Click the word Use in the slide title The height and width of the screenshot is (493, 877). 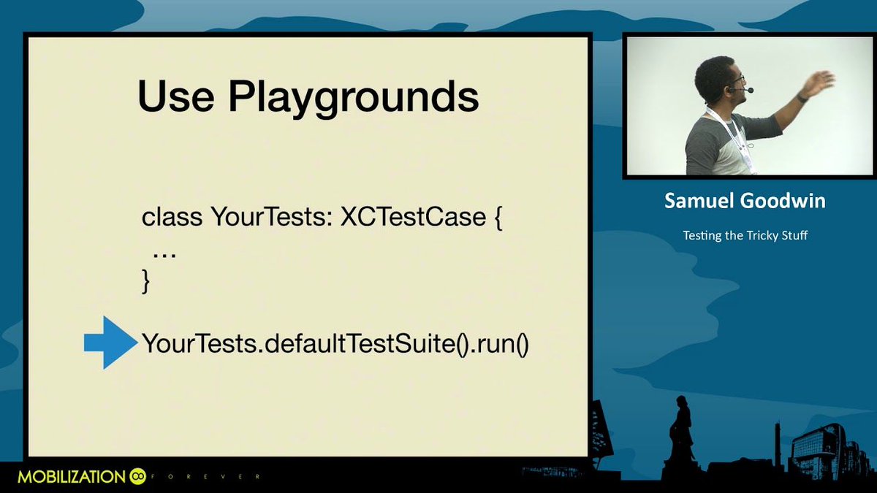[x=175, y=96]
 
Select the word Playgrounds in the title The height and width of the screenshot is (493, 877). [x=350, y=99]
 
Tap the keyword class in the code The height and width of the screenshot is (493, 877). [x=172, y=218]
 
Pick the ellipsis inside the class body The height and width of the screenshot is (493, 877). [x=164, y=252]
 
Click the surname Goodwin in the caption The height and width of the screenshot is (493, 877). [x=785, y=202]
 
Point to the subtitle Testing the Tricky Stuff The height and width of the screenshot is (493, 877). [x=745, y=235]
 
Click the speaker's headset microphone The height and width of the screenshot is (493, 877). [x=748, y=91]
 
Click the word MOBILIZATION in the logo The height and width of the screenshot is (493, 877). [x=71, y=477]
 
